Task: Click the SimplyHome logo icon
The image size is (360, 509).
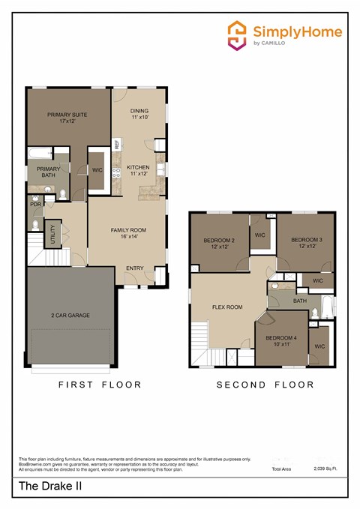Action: coord(238,35)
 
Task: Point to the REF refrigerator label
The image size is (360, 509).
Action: coord(117,144)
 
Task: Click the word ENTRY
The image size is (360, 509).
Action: coord(135,268)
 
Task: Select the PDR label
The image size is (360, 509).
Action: coord(35,204)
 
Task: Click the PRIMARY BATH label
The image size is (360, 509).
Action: coord(48,172)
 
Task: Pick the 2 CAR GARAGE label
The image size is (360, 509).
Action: coord(70,315)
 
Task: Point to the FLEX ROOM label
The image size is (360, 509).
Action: coord(227,307)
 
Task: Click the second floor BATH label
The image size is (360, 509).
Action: coord(300,301)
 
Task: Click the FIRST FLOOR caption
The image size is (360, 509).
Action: coord(100,385)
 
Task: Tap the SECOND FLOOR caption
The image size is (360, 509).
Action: coord(265,385)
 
